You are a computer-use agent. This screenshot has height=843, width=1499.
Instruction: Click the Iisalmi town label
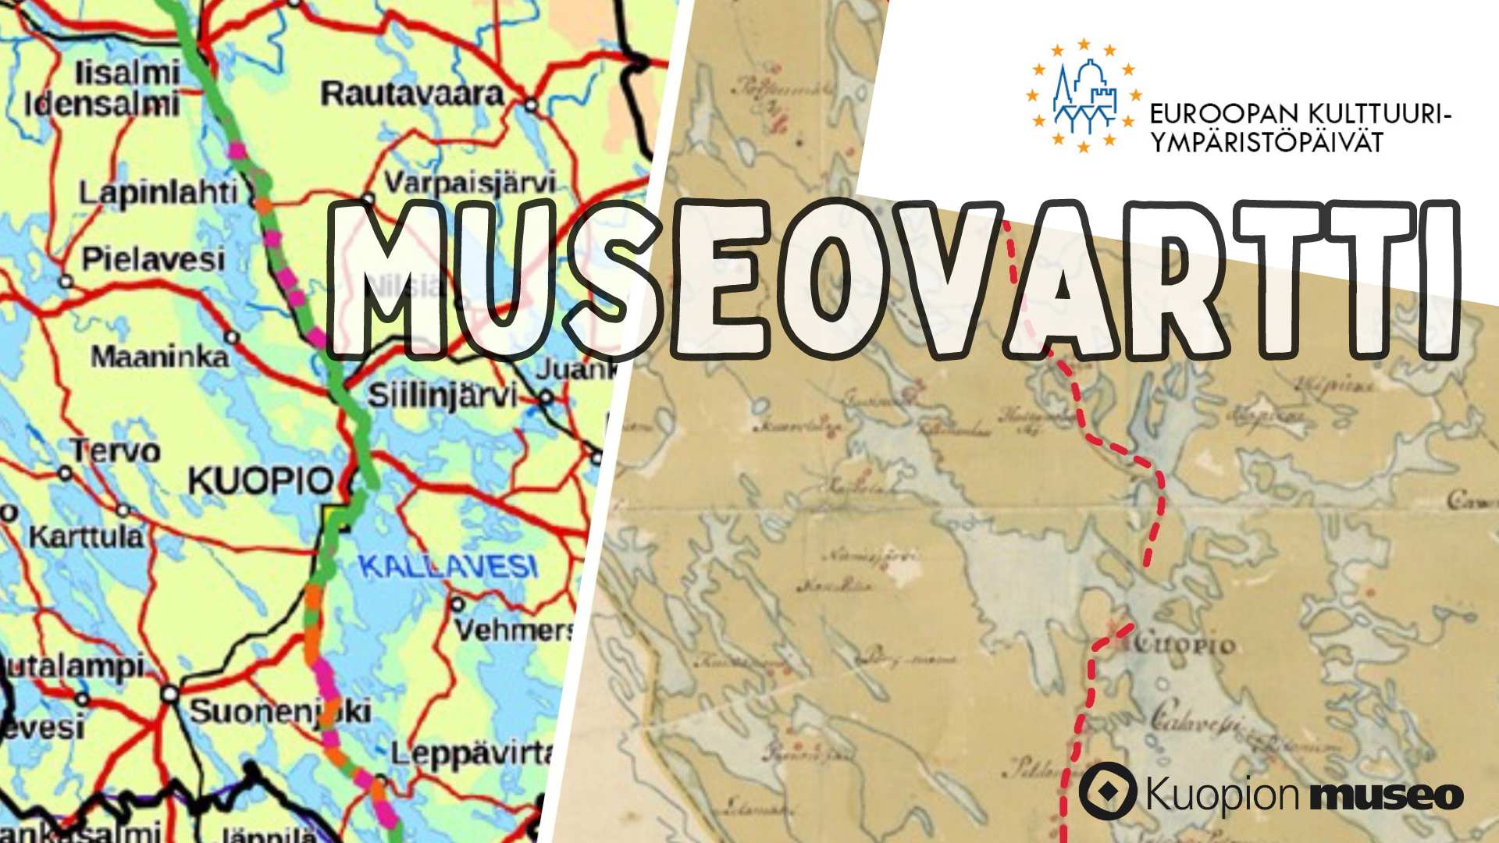127,73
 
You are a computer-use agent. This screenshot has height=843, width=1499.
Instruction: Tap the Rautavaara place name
412,94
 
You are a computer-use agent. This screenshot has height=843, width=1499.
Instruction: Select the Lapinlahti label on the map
158,192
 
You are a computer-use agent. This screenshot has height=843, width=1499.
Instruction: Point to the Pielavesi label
154,259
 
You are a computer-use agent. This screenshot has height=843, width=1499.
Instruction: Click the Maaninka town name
159,357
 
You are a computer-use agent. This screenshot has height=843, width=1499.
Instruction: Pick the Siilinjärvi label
442,396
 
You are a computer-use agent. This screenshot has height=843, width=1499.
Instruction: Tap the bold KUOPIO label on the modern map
261,481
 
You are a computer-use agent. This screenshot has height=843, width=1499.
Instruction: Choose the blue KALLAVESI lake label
448,567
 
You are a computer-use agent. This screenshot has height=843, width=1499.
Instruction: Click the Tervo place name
116,450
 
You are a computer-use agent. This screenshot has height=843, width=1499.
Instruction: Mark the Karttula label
87,537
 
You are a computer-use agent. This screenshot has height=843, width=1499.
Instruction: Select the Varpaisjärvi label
470,183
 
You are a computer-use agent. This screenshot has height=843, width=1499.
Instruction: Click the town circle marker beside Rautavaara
532,104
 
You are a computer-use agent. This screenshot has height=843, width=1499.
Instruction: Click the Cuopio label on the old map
1184,646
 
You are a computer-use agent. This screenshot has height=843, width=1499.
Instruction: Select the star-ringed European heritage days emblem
1084,95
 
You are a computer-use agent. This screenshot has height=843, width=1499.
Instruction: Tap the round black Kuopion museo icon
1107,791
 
